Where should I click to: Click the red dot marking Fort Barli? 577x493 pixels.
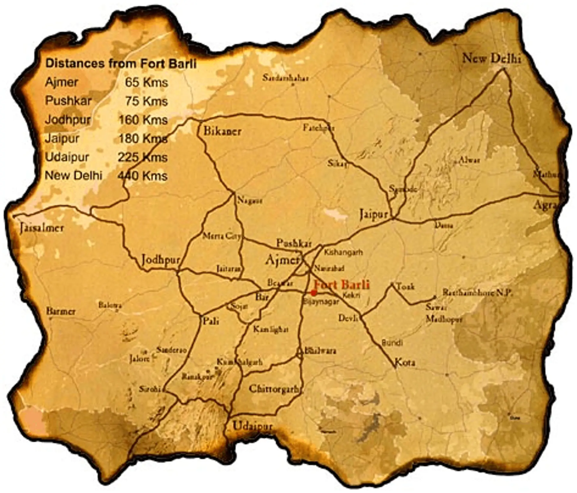point(313,292)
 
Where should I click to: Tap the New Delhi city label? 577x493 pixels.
point(491,58)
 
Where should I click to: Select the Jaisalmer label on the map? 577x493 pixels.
point(42,228)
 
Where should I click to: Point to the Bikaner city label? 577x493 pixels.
point(222,131)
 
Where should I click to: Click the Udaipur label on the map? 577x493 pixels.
point(252,426)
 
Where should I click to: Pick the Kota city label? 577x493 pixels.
point(405,362)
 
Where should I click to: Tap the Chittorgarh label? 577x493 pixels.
point(274,389)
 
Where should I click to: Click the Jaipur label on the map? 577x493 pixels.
point(374,215)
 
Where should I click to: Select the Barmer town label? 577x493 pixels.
point(61,311)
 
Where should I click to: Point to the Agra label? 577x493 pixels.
point(544,206)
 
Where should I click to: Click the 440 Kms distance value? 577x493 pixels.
point(142,176)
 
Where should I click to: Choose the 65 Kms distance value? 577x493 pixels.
point(146,82)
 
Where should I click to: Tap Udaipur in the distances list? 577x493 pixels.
point(67,157)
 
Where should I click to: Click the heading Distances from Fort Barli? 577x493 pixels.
point(121,63)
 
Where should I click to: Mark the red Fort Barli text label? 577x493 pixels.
point(341,284)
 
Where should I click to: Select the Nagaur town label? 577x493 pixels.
point(250,200)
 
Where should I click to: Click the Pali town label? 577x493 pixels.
point(211,321)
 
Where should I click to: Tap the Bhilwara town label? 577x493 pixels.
point(320,351)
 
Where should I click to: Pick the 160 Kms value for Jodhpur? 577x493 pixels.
point(143,120)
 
